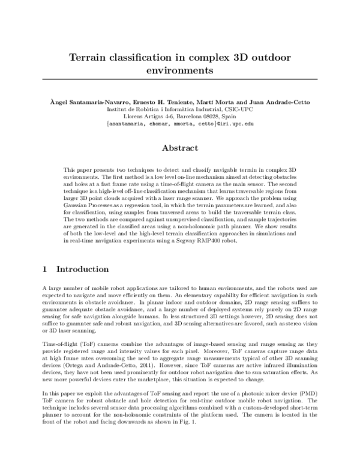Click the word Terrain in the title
click(89, 57)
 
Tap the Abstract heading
click(180, 147)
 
